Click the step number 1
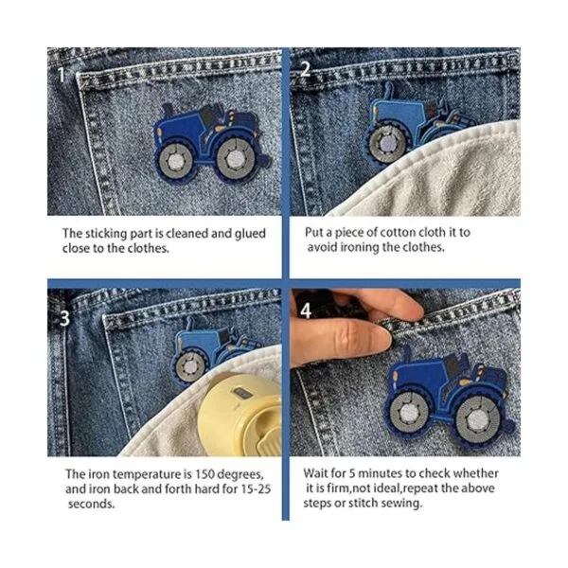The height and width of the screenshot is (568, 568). click(62, 75)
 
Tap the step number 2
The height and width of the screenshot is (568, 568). click(306, 68)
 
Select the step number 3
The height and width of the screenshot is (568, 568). click(64, 319)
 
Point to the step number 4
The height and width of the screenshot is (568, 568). click(306, 311)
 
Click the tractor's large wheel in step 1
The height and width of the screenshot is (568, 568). click(236, 159)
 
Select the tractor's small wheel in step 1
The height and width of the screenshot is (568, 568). click(176, 162)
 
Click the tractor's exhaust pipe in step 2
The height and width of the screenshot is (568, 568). click(388, 91)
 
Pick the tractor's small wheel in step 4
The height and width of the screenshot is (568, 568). click(410, 413)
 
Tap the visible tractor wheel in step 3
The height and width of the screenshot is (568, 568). click(189, 367)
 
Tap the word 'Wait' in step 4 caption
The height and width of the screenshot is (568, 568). click(314, 473)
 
